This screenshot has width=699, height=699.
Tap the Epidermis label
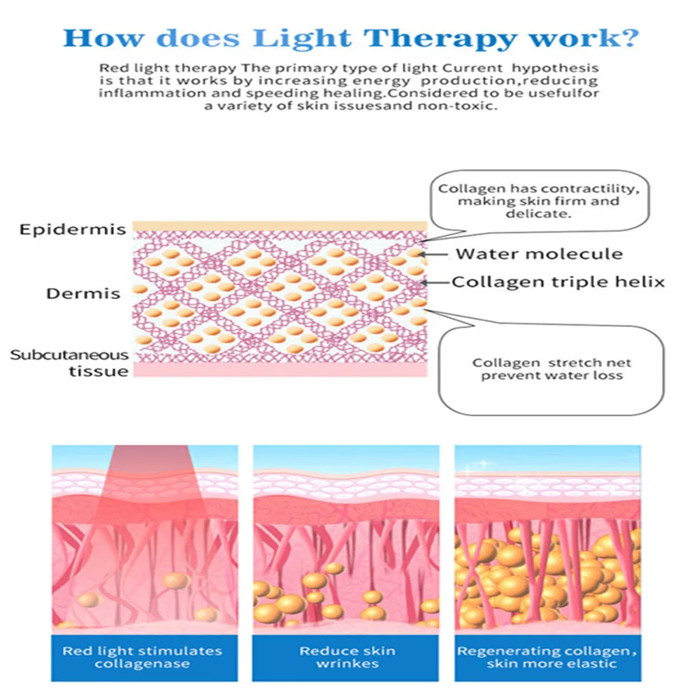73,229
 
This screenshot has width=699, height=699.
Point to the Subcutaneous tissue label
69,363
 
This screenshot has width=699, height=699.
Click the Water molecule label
539,253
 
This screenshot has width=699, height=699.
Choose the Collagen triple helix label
558,282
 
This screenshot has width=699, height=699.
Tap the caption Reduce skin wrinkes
347,656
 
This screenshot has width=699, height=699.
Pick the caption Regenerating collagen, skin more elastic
547,656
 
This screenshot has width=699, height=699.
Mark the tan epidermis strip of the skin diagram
280,226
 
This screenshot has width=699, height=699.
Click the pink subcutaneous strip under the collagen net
280,370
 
